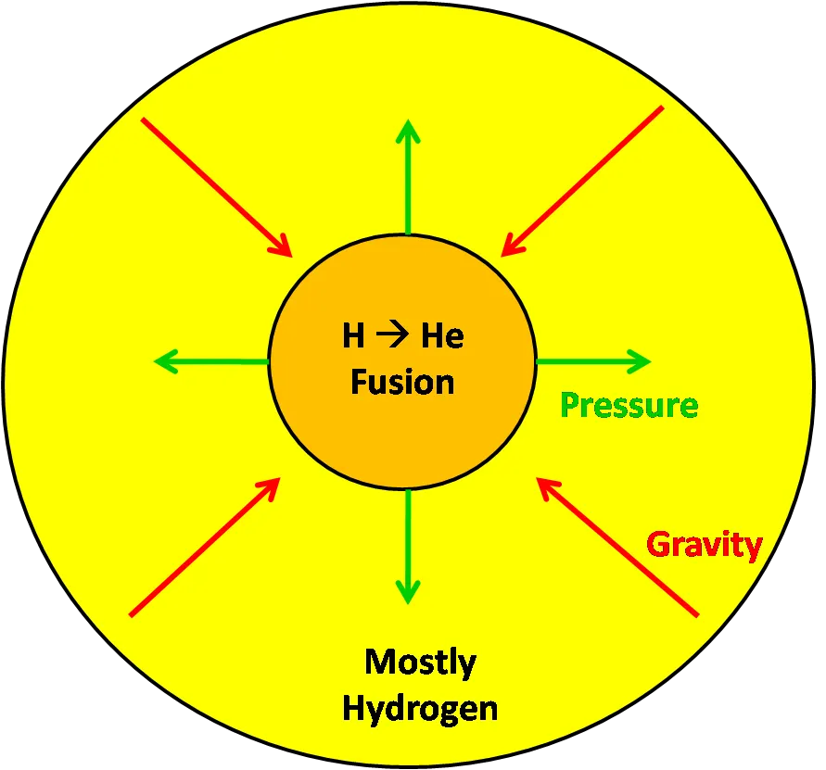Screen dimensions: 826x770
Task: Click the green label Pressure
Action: click(x=629, y=406)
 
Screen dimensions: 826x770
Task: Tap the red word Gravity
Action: click(x=705, y=546)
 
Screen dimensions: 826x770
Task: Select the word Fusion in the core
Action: click(x=402, y=382)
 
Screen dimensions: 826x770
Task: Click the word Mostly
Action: click(x=420, y=663)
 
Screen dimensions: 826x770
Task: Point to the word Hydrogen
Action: click(x=420, y=710)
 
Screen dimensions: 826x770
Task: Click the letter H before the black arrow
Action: click(x=353, y=335)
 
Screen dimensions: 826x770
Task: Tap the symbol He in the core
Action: click(x=442, y=335)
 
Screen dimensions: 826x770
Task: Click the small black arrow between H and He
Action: click(x=392, y=335)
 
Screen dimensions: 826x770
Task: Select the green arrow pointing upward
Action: click(x=408, y=177)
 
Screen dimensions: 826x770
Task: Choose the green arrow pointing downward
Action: click(x=408, y=547)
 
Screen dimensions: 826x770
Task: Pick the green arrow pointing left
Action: click(x=211, y=361)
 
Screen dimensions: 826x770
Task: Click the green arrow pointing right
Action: click(x=594, y=361)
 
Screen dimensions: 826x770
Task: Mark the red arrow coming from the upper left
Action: click(x=217, y=187)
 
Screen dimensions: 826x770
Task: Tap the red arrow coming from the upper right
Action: click(x=582, y=182)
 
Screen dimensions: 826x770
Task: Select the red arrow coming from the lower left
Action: click(x=204, y=547)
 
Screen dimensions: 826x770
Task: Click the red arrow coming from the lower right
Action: click(x=617, y=547)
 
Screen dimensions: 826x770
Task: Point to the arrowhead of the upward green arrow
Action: click(x=408, y=130)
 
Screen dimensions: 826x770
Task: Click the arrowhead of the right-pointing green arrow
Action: click(x=641, y=361)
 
